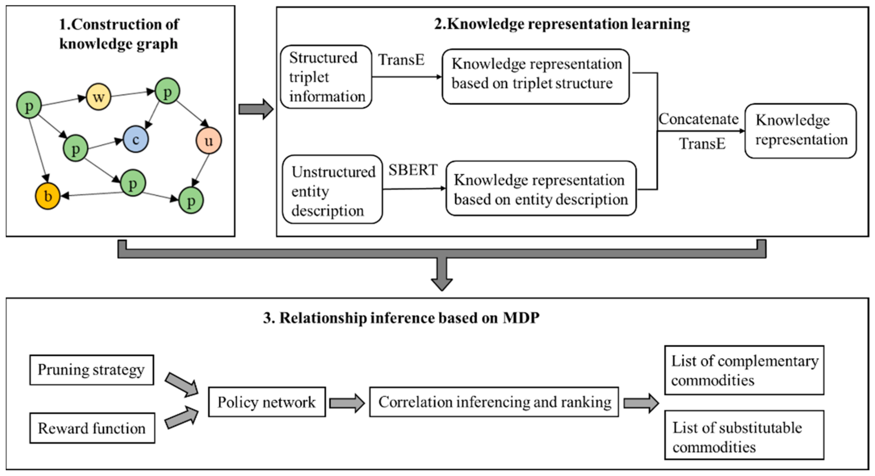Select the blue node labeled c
pyautogui.click(x=136, y=139)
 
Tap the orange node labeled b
pyautogui.click(x=48, y=196)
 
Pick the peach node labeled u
pyautogui.click(x=209, y=140)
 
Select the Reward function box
pyautogui.click(x=92, y=428)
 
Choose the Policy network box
pyautogui.click(x=267, y=402)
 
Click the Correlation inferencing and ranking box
pyautogui.click(x=494, y=402)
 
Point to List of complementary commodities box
pyautogui.click(x=744, y=370)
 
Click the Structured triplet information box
pyautogui.click(x=326, y=77)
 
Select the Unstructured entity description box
pyautogui.click(x=332, y=190)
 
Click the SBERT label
pyautogui.click(x=413, y=170)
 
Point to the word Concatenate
pyautogui.click(x=698, y=119)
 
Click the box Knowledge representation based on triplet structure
pyautogui.click(x=536, y=77)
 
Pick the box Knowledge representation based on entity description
pyautogui.click(x=541, y=189)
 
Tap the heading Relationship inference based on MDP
pyautogui.click(x=401, y=318)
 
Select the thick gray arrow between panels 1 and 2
pyautogui.click(x=256, y=109)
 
